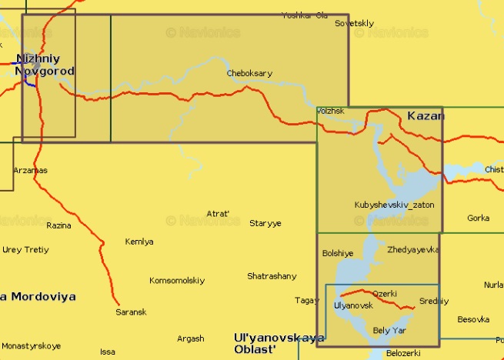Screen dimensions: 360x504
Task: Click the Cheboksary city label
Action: (249, 73)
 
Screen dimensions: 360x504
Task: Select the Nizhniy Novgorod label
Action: (45, 65)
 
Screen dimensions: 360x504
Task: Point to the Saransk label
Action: (130, 312)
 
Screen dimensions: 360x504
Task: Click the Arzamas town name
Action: (30, 170)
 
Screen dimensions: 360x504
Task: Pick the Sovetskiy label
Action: (355, 24)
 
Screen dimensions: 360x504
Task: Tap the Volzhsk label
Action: (331, 111)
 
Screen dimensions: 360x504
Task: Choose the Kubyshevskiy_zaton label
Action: (394, 205)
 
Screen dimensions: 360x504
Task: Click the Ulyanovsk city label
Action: (353, 305)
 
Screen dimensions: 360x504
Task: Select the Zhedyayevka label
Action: (413, 249)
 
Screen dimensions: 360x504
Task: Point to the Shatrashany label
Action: (272, 275)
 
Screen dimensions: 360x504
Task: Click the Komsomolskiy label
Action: (177, 280)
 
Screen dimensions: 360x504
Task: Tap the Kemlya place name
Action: (139, 242)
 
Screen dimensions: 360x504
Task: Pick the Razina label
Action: (58, 225)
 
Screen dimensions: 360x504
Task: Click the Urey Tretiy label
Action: (25, 249)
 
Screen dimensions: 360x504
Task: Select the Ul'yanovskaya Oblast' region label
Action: (279, 343)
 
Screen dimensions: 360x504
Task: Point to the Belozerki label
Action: (403, 353)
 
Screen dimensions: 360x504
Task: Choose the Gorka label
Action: (478, 218)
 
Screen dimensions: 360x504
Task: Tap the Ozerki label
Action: (385, 294)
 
